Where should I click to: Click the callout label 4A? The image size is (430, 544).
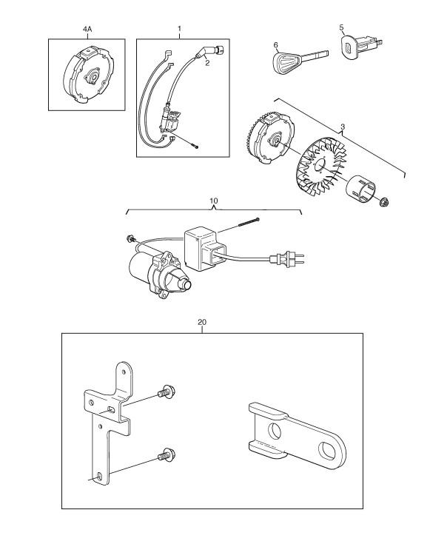point(87,30)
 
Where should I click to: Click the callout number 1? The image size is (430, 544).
point(179,28)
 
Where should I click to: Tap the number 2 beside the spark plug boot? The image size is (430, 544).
point(207,63)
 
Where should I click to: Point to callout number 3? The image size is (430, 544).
point(343,127)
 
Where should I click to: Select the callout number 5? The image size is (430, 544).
point(341,27)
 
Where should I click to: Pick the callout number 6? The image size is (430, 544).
point(276,44)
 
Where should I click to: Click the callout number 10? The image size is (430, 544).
point(214,201)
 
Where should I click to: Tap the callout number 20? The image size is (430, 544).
point(202,322)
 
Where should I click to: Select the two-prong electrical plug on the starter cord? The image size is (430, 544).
point(287,259)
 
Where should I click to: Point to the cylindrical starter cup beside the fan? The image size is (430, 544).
point(361,189)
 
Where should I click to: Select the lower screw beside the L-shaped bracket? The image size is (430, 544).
point(167,454)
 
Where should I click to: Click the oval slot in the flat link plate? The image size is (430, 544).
point(327,450)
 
